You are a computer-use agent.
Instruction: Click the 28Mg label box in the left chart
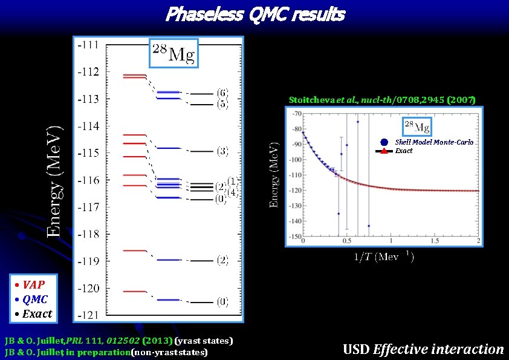click(x=173, y=55)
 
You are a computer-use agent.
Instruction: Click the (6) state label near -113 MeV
click(x=222, y=93)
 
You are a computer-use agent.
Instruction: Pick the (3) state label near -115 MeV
click(x=222, y=151)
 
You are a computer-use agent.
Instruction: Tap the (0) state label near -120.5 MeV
click(x=222, y=301)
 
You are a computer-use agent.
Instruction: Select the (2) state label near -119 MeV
click(x=222, y=260)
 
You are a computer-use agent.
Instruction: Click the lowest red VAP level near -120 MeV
click(x=134, y=292)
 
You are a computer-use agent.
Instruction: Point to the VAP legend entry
click(x=30, y=284)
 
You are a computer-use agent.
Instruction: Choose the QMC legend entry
click(x=31, y=299)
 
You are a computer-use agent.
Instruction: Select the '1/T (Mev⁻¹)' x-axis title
click(x=383, y=257)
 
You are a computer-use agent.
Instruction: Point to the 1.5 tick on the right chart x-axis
click(x=434, y=241)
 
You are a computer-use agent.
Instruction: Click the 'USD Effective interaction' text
click(x=423, y=349)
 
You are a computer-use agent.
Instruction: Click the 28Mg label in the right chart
click(x=417, y=126)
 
